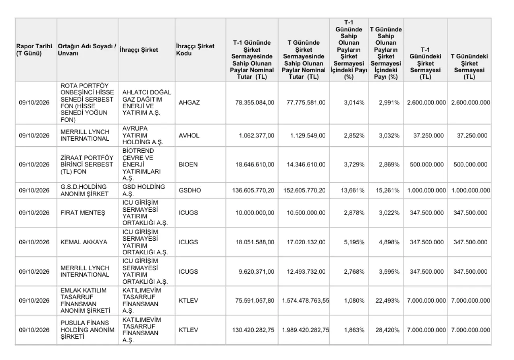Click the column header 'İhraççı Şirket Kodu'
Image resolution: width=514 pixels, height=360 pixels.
pyautogui.click(x=195, y=49)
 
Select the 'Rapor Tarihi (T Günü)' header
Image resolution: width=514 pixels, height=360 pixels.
pyautogui.click(x=34, y=49)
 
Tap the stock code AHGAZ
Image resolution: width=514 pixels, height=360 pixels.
pyautogui.click(x=189, y=102)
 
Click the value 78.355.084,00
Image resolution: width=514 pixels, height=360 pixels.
pyautogui.click(x=255, y=102)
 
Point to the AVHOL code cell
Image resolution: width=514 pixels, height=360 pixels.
pyautogui.click(x=189, y=135)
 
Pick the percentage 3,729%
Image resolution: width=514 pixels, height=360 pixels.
pyautogui.click(x=354, y=164)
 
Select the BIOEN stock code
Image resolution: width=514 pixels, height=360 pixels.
pyautogui.click(x=188, y=164)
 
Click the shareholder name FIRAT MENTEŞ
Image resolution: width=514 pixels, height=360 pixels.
pyautogui.click(x=83, y=213)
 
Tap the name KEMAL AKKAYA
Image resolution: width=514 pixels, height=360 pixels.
pyautogui.click(x=84, y=242)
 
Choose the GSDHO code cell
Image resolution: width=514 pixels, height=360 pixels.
pyautogui.click(x=190, y=190)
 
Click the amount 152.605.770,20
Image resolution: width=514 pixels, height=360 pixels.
pyautogui.click(x=304, y=190)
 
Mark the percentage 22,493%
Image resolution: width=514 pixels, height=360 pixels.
pyautogui.click(x=388, y=301)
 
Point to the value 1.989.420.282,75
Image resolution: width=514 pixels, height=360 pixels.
pyautogui.click(x=306, y=330)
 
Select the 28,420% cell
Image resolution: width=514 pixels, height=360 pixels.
pyautogui.click(x=388, y=330)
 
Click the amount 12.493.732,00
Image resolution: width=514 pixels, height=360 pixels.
pyautogui.click(x=306, y=271)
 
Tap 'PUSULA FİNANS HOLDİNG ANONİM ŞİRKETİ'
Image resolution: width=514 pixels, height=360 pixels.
pyautogui.click(x=88, y=330)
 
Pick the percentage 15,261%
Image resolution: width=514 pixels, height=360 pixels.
pyautogui.click(x=388, y=190)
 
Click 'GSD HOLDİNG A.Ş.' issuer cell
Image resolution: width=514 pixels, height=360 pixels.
pyautogui.click(x=144, y=190)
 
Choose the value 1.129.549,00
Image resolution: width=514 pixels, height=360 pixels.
pyautogui.click(x=308, y=135)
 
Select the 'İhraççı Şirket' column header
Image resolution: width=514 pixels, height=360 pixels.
pyautogui.click(x=139, y=49)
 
